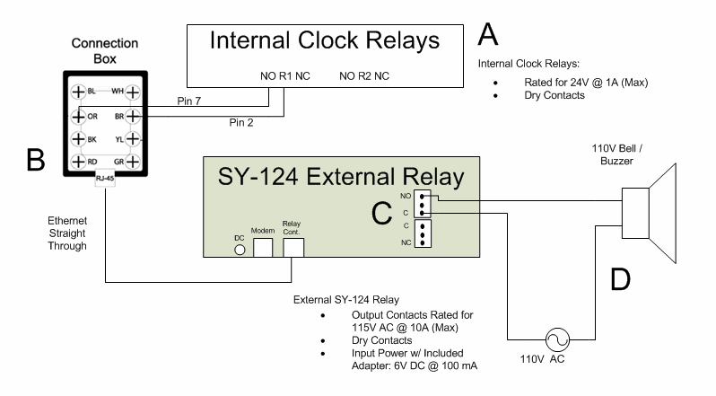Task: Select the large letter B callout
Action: point(35,159)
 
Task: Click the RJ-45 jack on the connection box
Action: point(104,178)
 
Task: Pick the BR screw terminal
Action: point(132,115)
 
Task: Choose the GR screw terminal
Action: point(132,162)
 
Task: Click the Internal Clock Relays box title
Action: point(326,41)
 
